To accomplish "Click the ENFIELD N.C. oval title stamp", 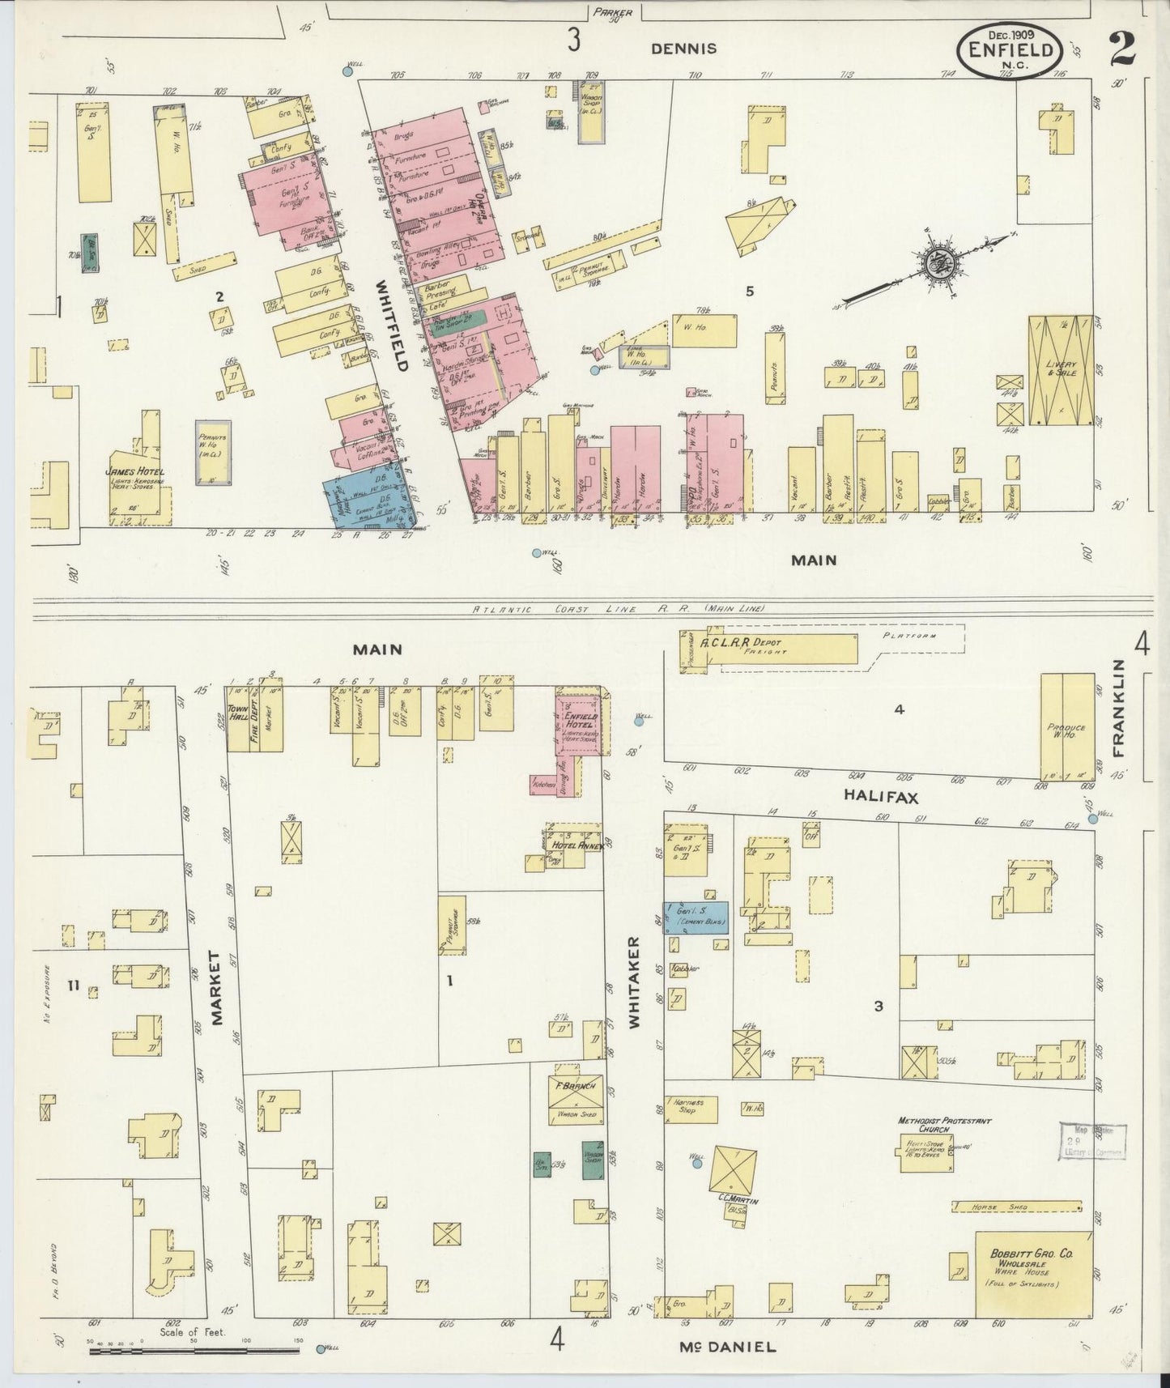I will tap(1010, 51).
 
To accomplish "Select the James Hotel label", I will tap(134, 472).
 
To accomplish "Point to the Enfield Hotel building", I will tap(580, 722).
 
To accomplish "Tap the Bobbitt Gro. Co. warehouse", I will tap(1032, 1274).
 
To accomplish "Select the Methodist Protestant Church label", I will tap(943, 1126).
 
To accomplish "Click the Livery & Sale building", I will tap(1060, 370).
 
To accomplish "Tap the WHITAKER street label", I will tap(634, 982).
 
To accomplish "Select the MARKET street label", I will tap(216, 989).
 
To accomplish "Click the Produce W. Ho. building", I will tap(1066, 726).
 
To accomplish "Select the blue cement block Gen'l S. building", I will tap(696, 917).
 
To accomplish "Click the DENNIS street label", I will tap(683, 49).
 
